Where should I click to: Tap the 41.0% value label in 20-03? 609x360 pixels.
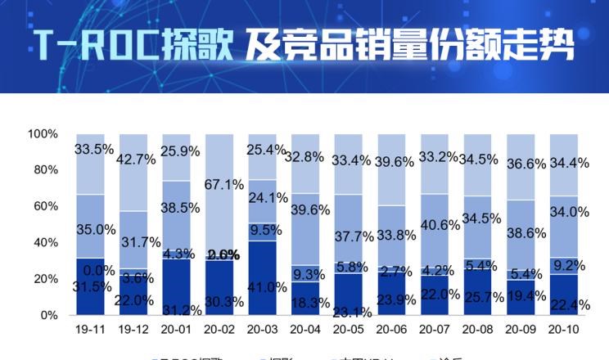[x=268, y=286]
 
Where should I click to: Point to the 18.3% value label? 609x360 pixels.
[x=310, y=302]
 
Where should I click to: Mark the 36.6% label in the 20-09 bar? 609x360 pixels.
[x=525, y=164]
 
